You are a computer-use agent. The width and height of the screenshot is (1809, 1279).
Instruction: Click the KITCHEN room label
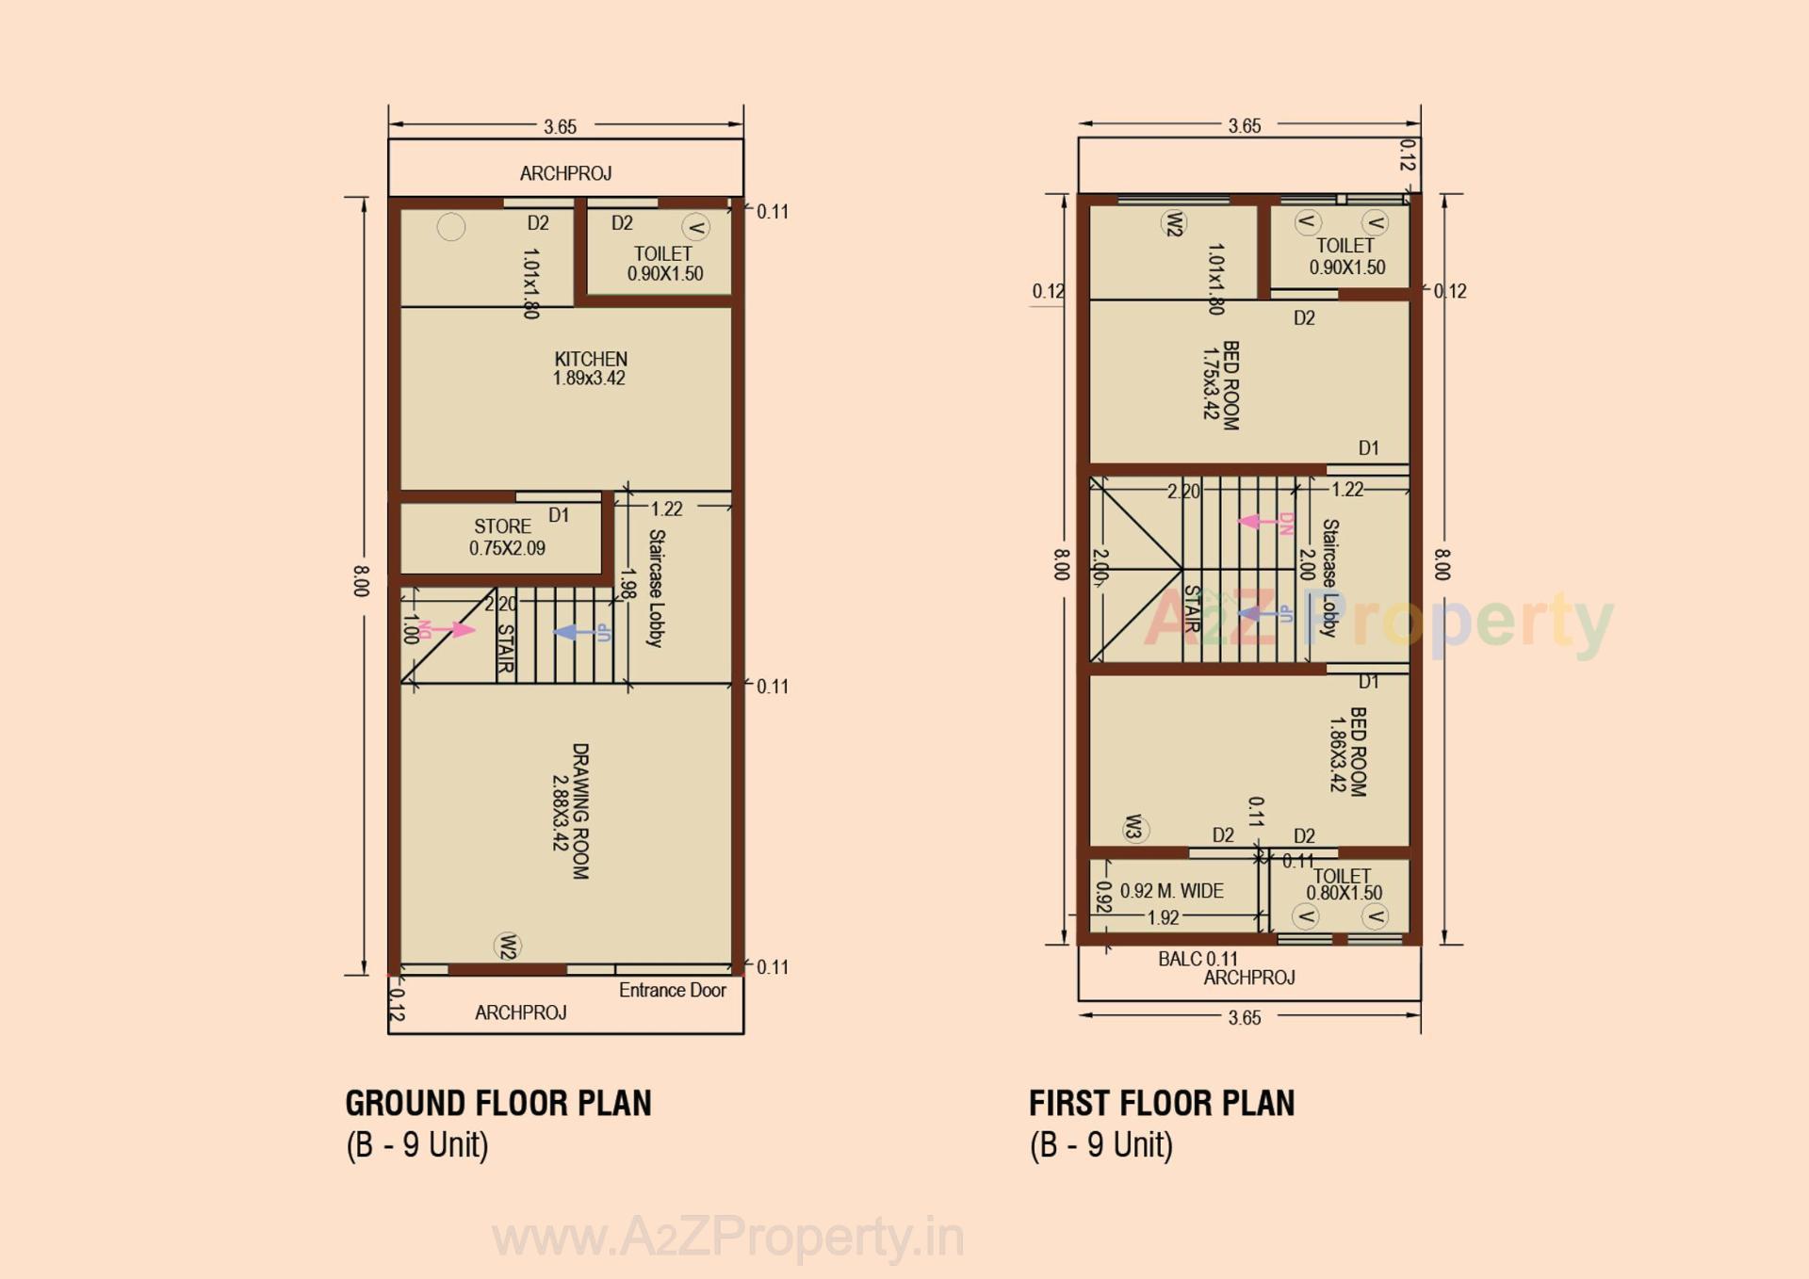click(x=590, y=368)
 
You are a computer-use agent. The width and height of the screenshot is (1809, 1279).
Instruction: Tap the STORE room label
click(x=505, y=537)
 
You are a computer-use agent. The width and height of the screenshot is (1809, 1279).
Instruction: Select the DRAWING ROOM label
click(x=571, y=811)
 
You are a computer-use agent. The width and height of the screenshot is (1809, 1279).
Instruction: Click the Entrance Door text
click(x=672, y=990)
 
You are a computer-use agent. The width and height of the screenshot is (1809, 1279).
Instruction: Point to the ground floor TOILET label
click(x=664, y=264)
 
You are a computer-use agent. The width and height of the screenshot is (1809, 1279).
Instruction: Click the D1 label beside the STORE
click(x=559, y=515)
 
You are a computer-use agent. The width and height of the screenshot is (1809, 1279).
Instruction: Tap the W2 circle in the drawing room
click(x=508, y=946)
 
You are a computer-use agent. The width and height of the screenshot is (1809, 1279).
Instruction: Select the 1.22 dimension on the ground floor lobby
click(x=666, y=509)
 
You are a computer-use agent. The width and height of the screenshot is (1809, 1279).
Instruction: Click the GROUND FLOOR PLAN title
click(x=497, y=1103)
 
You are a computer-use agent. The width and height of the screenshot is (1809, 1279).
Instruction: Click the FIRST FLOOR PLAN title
click(x=1161, y=1103)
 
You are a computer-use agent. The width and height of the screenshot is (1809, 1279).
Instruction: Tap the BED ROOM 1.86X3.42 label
click(x=1347, y=751)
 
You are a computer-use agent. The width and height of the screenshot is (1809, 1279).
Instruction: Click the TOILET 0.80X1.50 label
click(x=1344, y=884)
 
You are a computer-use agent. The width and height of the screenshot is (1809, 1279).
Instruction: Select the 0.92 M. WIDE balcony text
click(x=1171, y=891)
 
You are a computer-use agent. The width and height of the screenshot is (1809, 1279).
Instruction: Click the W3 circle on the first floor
click(x=1134, y=828)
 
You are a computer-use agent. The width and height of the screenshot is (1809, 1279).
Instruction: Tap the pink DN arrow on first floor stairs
click(x=1258, y=522)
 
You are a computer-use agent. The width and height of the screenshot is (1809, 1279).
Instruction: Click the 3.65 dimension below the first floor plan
click(x=1244, y=1017)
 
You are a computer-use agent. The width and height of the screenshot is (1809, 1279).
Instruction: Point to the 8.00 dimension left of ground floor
click(x=361, y=580)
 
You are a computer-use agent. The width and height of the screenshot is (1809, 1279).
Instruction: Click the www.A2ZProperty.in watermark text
click(x=727, y=1237)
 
